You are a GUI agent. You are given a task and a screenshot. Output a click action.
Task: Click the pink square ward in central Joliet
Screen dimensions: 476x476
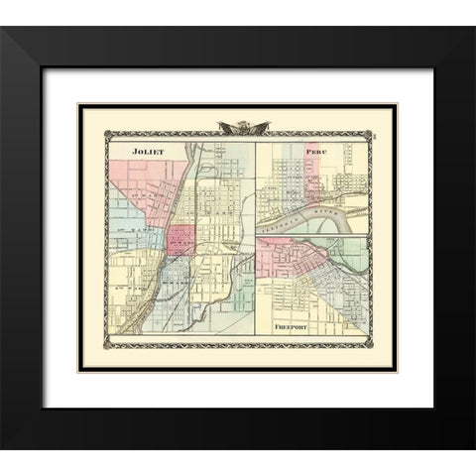click(x=180, y=240)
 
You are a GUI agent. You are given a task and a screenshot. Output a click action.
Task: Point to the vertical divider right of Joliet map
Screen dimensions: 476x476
click(x=256, y=238)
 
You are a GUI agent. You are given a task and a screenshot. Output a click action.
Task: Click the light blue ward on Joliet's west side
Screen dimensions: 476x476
click(x=127, y=238)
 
